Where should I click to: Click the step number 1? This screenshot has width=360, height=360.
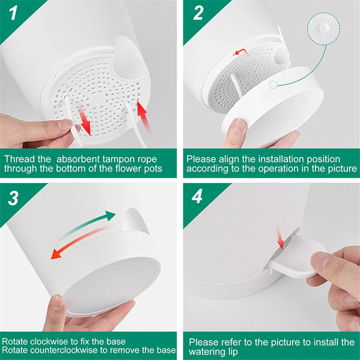click(13, 13)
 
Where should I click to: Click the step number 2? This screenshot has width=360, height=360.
click(198, 13)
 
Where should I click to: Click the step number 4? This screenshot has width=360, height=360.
click(197, 196)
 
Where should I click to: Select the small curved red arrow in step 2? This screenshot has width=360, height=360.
click(241, 52)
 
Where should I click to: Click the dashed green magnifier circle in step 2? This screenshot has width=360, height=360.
click(324, 29)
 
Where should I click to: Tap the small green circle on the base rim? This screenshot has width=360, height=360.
click(273, 85)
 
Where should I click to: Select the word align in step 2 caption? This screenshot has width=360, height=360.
click(229, 159)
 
